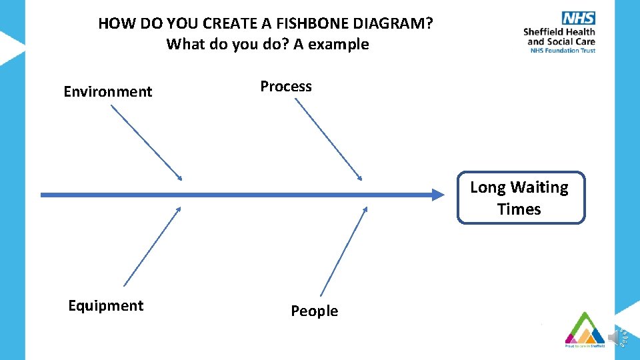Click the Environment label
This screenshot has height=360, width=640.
pyautogui.click(x=107, y=92)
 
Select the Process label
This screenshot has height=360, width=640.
pyautogui.click(x=285, y=87)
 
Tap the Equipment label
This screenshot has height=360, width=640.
pyautogui.click(x=105, y=305)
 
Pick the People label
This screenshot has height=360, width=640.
pyautogui.click(x=314, y=311)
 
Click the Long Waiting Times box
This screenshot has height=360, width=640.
pyautogui.click(x=520, y=198)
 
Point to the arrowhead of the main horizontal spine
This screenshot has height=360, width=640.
pyautogui.click(x=437, y=195)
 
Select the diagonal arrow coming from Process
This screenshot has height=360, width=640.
pyautogui.click(x=329, y=139)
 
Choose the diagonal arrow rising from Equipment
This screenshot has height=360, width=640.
pyautogui.click(x=153, y=246)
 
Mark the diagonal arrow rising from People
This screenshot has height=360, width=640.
pyautogui.click(x=344, y=250)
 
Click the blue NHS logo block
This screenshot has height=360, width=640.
pyautogui.click(x=579, y=19)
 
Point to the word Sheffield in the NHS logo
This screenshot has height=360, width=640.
pyautogui.click(x=543, y=32)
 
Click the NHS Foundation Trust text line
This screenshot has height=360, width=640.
pyautogui.click(x=562, y=50)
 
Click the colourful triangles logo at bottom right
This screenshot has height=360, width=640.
pyautogui.click(x=585, y=329)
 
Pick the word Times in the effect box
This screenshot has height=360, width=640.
pyautogui.click(x=519, y=209)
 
